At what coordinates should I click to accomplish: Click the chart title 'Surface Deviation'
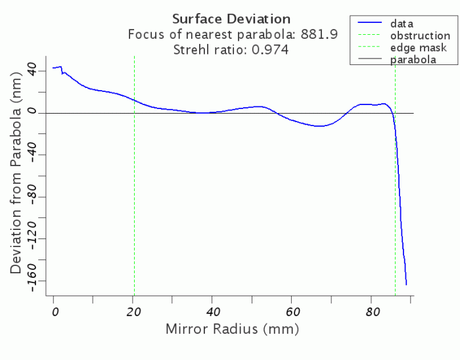[x=231, y=18]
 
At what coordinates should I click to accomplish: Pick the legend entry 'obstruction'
[x=420, y=35]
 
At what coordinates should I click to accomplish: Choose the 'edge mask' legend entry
[x=418, y=48]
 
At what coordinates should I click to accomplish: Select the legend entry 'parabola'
[x=413, y=60]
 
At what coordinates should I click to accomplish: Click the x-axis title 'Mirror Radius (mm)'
[x=233, y=328]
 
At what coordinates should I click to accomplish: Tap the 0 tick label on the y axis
[x=41, y=113]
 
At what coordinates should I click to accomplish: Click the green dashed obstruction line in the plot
[x=134, y=197]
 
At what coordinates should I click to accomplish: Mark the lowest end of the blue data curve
[x=406, y=284]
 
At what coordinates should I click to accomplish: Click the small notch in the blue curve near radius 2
[x=62, y=72]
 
